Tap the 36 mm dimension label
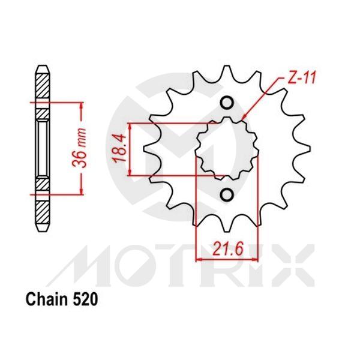[86, 147]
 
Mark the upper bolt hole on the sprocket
[227, 103]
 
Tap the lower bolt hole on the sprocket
[227, 195]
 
